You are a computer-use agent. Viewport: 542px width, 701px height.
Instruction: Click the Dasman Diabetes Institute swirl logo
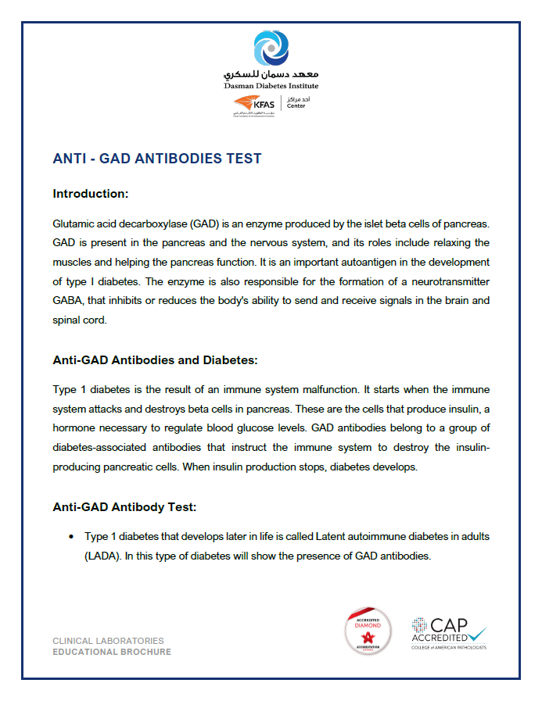click(271, 49)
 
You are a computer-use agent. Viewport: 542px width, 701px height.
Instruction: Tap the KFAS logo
click(255, 104)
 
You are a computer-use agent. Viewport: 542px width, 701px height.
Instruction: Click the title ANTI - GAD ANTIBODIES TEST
click(156, 159)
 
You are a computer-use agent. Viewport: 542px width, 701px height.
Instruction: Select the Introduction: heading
click(90, 193)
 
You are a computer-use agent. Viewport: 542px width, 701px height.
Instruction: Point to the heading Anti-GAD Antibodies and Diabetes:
click(155, 360)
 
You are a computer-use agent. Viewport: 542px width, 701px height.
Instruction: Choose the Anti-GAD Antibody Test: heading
click(124, 506)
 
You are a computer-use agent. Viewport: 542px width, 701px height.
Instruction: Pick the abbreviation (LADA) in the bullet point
click(102, 556)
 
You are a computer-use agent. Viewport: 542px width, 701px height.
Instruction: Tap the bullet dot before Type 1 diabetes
click(70, 538)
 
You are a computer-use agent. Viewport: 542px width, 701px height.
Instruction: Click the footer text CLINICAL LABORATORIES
click(108, 641)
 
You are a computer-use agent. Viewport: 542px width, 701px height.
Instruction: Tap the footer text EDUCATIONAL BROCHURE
click(111, 652)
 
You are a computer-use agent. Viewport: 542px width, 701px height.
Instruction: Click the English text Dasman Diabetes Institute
click(271, 85)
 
